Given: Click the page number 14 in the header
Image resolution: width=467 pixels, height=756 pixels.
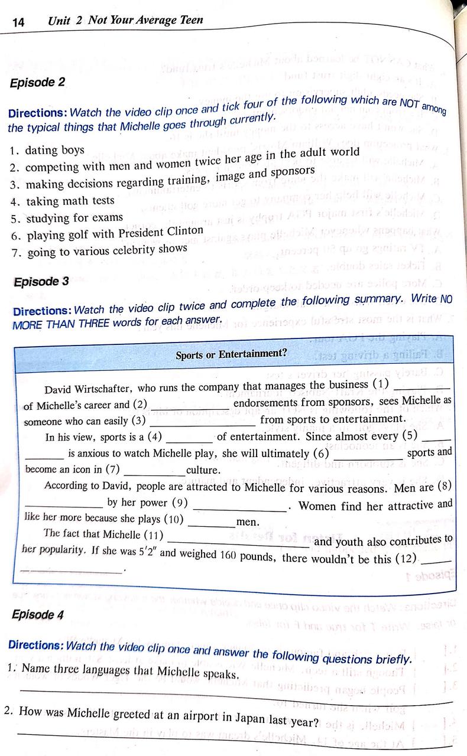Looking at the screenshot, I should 18,22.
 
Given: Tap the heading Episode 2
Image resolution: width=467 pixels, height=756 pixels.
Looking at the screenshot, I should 37,83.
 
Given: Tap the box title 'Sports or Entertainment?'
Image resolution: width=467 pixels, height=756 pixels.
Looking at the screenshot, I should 231,354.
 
